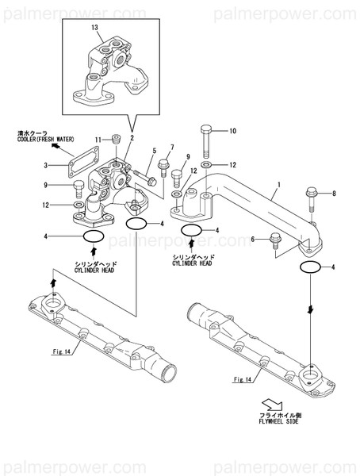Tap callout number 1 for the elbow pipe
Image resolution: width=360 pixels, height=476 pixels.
pyautogui.click(x=278, y=191)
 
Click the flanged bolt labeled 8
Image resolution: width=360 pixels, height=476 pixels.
pyautogui.click(x=312, y=197)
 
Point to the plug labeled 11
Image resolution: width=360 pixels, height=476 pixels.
pyautogui.click(x=115, y=140)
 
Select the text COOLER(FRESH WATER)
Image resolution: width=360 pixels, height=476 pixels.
pyautogui.click(x=44, y=140)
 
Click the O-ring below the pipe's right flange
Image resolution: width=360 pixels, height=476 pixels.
pyautogui.click(x=312, y=267)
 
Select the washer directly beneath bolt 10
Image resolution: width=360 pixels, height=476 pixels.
pyautogui.click(x=205, y=165)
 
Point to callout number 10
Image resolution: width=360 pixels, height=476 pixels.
pyautogui.click(x=232, y=130)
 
